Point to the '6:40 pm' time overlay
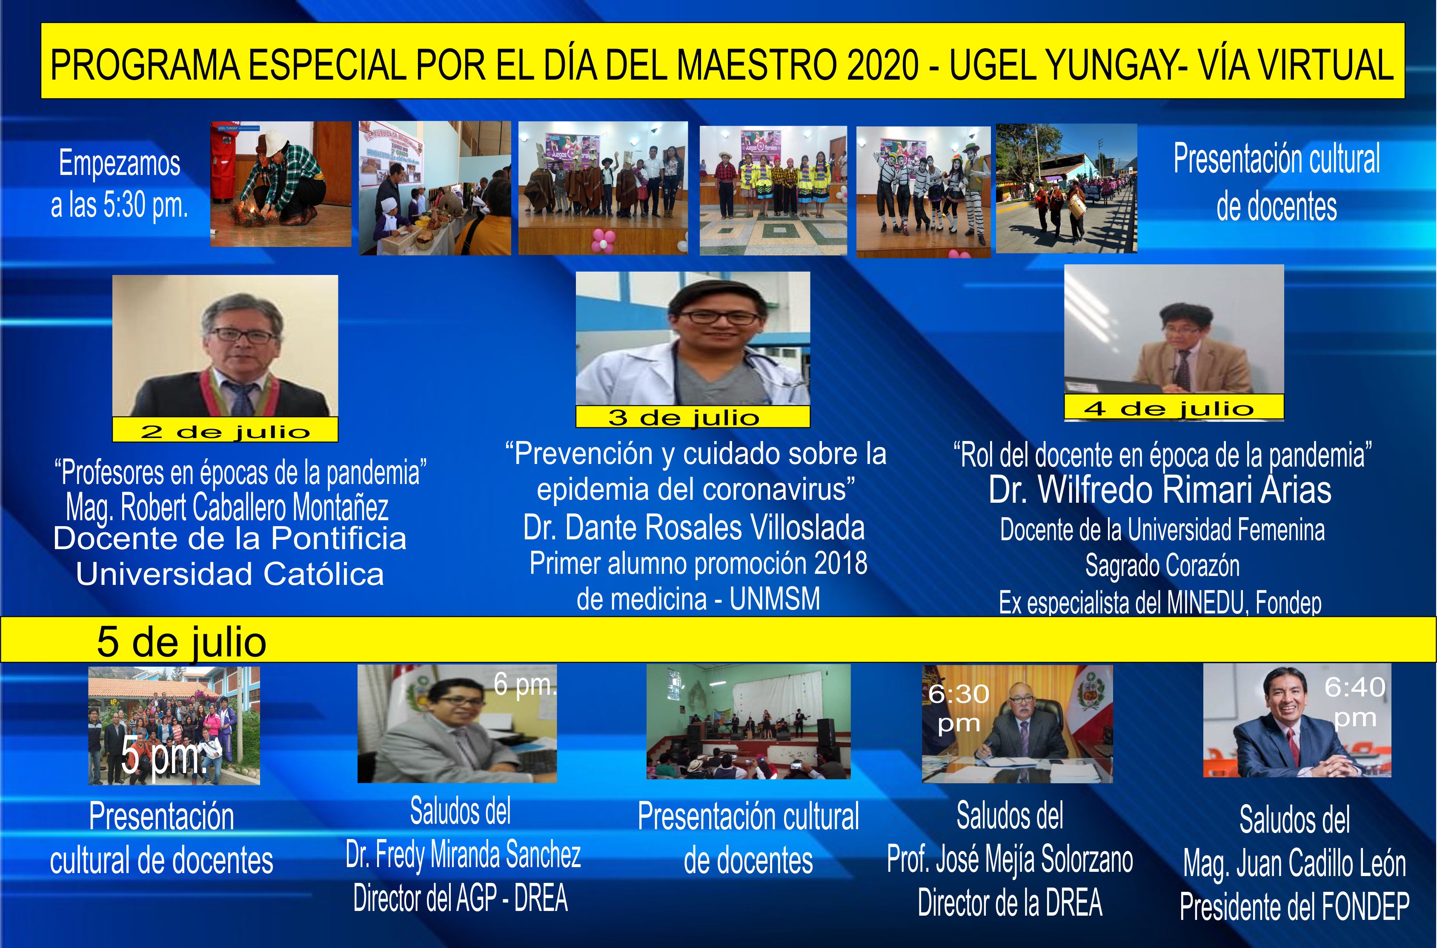click(x=1355, y=702)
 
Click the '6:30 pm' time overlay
click(x=959, y=708)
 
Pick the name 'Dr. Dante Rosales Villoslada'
click(x=694, y=527)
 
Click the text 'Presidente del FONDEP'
click(x=1294, y=907)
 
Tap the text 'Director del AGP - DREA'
click(x=461, y=897)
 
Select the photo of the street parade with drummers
click(x=1066, y=188)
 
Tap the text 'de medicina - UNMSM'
click(x=698, y=599)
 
